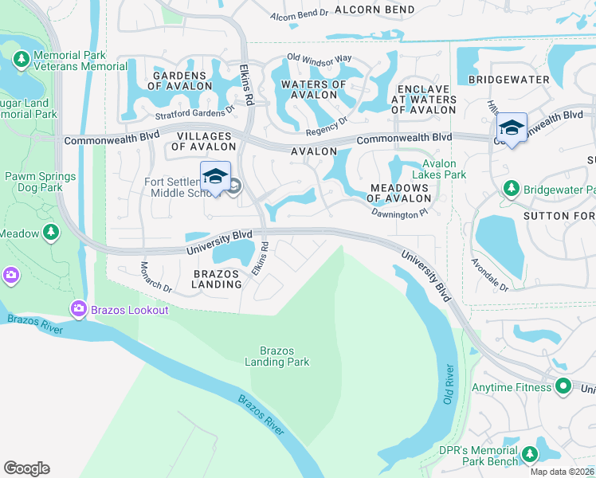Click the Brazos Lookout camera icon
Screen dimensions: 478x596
point(79,308)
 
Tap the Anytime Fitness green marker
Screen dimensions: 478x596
point(563,387)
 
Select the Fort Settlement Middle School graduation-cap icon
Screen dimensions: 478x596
point(215,176)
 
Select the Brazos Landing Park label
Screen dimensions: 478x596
point(284,356)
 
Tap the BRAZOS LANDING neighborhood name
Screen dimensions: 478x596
point(217,279)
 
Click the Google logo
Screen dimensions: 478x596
point(26,468)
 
